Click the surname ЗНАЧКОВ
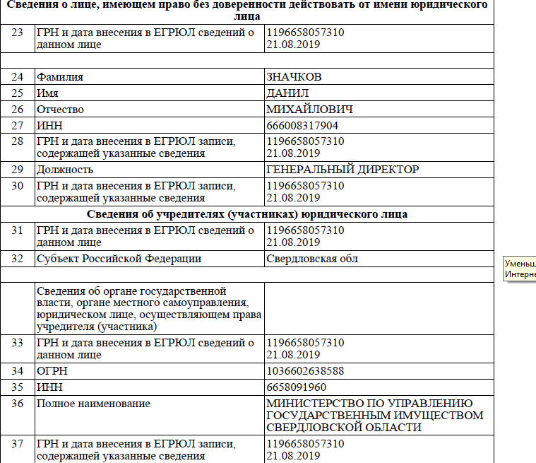297,77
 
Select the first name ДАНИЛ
288,93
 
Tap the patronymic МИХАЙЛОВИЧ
309,110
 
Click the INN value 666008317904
302,126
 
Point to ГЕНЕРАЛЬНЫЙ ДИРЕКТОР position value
343,170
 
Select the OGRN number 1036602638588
305,370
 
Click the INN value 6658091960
296,387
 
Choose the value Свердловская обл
312,259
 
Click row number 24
18,77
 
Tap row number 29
18,170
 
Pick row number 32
18,259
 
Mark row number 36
18,404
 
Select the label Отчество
60,110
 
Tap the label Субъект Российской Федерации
119,259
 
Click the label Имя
47,93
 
